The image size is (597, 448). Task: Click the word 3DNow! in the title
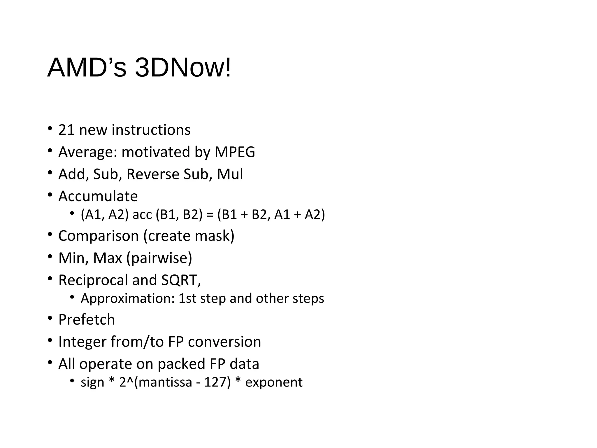click(x=183, y=68)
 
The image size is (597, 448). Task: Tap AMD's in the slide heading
click(x=87, y=68)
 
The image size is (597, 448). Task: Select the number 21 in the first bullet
click(x=66, y=130)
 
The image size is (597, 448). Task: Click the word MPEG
click(x=235, y=152)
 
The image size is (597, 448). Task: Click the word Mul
click(x=230, y=174)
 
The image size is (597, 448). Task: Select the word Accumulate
click(x=98, y=196)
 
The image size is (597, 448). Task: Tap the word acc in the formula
click(x=142, y=215)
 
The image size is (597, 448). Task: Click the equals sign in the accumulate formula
click(x=210, y=215)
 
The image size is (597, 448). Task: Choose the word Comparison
click(x=99, y=236)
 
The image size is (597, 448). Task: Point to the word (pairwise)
click(x=159, y=258)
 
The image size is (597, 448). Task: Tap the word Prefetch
click(x=87, y=320)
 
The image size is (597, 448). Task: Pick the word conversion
click(x=224, y=342)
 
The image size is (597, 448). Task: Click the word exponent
click(x=274, y=382)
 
